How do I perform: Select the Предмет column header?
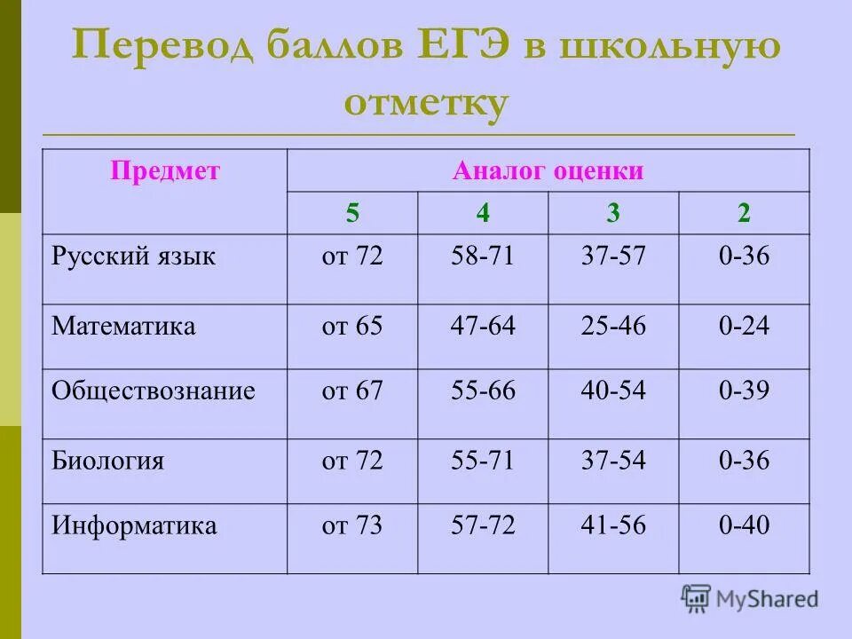(164, 171)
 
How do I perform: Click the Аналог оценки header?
(548, 171)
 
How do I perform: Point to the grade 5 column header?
(352, 213)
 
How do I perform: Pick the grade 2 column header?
(744, 213)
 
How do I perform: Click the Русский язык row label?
(133, 257)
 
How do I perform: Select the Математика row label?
(123, 326)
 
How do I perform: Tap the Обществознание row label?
(154, 391)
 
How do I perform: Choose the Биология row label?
(107, 461)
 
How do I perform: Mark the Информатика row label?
(134, 525)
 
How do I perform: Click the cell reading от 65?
(352, 326)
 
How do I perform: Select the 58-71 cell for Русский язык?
(483, 257)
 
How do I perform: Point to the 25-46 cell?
(613, 326)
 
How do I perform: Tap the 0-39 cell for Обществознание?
(744, 391)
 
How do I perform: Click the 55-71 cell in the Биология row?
(483, 461)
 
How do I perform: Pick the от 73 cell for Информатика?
(352, 525)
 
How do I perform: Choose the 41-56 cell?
(613, 525)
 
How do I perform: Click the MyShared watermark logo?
(750, 598)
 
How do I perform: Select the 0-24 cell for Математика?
(744, 326)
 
